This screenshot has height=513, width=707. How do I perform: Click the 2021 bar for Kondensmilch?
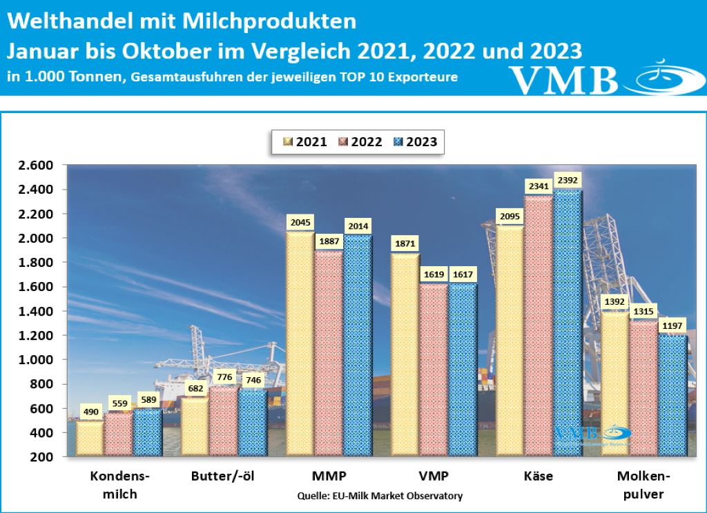click(x=90, y=438)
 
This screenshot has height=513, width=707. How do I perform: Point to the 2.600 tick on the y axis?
click(x=35, y=165)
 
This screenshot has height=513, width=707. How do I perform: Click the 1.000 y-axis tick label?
click(x=35, y=360)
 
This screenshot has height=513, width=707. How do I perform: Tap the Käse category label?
click(x=538, y=476)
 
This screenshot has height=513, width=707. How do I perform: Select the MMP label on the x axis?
click(x=329, y=476)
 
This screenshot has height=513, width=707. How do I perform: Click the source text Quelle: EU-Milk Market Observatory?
click(x=380, y=496)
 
